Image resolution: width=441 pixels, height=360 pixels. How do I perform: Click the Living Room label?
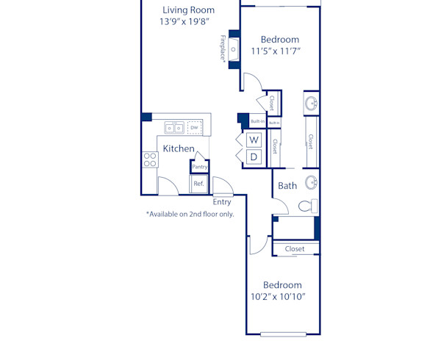[x=188, y=10]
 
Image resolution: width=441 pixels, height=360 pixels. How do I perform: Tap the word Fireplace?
[x=223, y=50]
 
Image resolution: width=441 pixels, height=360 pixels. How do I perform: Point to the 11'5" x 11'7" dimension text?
[x=276, y=51]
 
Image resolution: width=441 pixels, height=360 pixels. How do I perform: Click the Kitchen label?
[x=179, y=148]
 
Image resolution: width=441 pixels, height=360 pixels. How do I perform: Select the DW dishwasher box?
[x=194, y=128]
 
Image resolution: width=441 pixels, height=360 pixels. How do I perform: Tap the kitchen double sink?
[x=174, y=128]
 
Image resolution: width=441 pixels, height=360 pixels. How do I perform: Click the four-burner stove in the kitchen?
[x=150, y=159]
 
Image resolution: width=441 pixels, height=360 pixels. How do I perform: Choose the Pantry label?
[x=199, y=167]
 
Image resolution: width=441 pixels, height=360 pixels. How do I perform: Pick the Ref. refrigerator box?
[x=198, y=184]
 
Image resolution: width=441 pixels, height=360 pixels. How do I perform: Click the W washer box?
[x=254, y=140]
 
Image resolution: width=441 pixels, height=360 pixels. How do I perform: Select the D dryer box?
[x=254, y=156]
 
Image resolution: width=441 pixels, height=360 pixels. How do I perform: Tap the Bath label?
[x=287, y=186]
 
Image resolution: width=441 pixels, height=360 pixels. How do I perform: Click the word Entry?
[x=222, y=202]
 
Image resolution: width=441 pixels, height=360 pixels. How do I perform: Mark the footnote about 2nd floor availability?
[x=190, y=215]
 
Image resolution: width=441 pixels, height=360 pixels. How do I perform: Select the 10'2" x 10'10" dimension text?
[x=278, y=297]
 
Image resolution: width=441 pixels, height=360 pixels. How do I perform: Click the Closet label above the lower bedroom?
[x=295, y=249]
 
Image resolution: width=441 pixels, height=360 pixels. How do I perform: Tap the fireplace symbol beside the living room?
[x=234, y=50]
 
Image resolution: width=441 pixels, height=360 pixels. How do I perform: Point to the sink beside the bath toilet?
[x=311, y=182]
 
